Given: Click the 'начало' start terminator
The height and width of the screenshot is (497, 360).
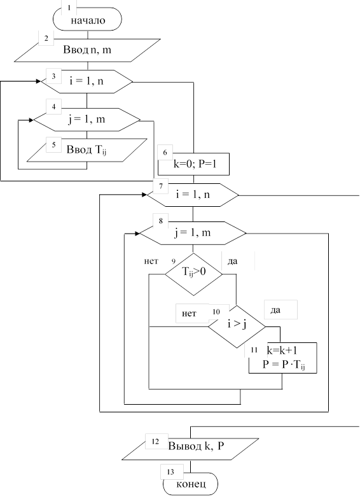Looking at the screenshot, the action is point(87,19).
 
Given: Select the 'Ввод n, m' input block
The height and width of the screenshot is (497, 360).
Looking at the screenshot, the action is point(88,50).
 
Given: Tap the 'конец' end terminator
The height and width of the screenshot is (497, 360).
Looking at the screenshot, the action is point(190,484).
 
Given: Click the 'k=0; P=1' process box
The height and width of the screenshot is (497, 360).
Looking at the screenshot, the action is point(193,164).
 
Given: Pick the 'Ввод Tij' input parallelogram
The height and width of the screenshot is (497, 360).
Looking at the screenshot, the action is point(87,150).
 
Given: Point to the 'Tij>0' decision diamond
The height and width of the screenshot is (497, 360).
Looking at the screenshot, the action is point(193,274).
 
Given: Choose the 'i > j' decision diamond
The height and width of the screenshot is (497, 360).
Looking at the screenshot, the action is point(237,326).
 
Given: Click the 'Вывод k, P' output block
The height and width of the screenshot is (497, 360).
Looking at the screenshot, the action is point(190,449).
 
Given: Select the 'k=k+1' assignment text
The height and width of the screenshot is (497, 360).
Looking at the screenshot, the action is point(282,350).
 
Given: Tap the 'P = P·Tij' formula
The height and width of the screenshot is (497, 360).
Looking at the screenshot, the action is point(284,365).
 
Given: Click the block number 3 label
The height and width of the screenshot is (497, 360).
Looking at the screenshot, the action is point(54,76).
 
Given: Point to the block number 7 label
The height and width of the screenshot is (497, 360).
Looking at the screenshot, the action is point(161,186).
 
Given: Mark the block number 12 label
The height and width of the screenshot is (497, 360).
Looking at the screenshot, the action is point(155,442).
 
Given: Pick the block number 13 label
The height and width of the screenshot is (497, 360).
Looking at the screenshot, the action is point(170,472).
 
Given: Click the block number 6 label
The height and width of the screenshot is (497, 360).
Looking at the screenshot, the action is point(165,153).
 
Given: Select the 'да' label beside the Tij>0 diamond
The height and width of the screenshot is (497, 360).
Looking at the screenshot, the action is point(232,262).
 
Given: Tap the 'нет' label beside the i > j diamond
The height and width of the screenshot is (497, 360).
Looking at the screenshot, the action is point(189,314).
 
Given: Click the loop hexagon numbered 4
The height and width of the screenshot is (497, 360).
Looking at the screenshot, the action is point(87,120).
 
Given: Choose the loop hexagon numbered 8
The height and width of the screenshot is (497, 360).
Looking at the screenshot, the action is point(193,234).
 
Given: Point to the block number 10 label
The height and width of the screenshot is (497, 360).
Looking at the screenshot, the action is point(216,312).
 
